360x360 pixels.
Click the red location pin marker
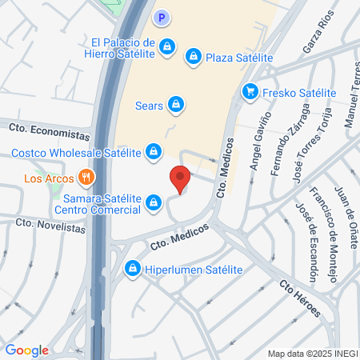(179, 178)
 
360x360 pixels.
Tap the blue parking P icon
(162, 17)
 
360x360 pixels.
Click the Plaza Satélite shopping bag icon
(192, 57)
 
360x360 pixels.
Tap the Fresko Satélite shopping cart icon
(250, 92)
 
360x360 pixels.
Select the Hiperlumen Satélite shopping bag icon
(132, 270)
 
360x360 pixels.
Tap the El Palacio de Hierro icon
(166, 47)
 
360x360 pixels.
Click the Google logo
(26, 350)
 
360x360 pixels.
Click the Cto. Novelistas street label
(50, 227)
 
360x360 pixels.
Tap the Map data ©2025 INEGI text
(313, 353)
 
